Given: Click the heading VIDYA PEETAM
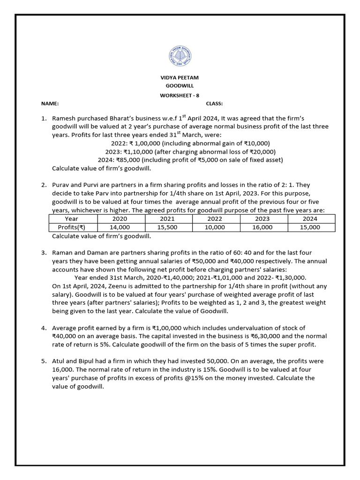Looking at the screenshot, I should coord(180,77).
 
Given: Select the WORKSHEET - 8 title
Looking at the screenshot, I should coord(180,95).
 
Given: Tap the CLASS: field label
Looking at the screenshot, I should coord(214,104).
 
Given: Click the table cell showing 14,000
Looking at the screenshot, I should coord(120,227).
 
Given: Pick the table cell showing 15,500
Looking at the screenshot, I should coord(167,227).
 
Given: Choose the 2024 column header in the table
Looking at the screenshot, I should coord(310,219).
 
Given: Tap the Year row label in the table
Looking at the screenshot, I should coord(72,219).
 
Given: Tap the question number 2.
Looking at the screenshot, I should coord(44,185).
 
